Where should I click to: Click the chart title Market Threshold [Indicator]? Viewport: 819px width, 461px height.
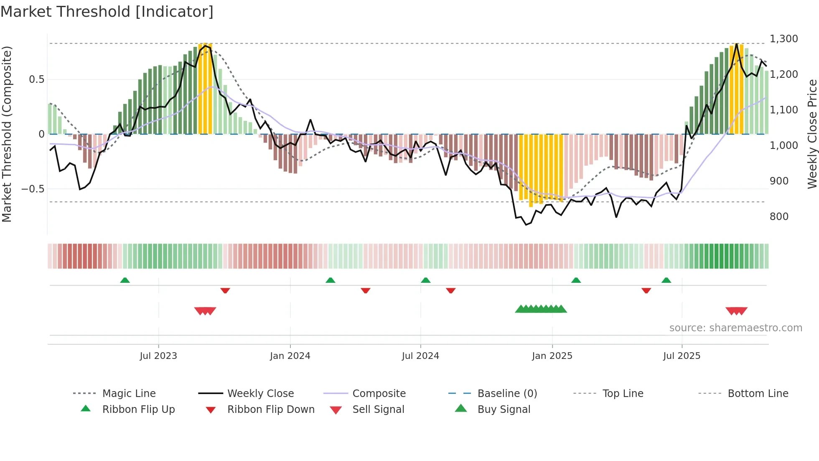coord(107,12)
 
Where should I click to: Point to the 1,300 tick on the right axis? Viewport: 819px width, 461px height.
coord(783,39)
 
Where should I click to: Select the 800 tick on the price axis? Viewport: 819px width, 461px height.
coord(779,217)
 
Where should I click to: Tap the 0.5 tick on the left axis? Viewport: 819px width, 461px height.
coord(37,79)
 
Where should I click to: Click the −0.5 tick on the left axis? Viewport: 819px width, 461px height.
coord(33,189)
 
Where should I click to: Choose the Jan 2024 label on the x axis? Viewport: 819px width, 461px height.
coord(290,356)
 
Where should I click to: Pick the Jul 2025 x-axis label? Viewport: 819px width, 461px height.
coord(682,356)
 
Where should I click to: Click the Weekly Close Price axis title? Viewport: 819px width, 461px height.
coord(812,134)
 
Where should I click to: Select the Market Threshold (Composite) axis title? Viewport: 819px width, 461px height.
coord(7,134)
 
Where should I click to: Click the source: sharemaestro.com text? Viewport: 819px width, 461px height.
coord(735,328)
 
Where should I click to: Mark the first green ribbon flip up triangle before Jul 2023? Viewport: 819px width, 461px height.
coord(125,280)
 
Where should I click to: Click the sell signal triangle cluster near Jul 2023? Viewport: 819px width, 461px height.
coord(205,311)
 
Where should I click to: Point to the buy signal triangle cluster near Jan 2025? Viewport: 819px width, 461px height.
coord(541,309)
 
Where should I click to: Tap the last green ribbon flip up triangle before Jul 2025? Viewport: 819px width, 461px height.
coord(666,280)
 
